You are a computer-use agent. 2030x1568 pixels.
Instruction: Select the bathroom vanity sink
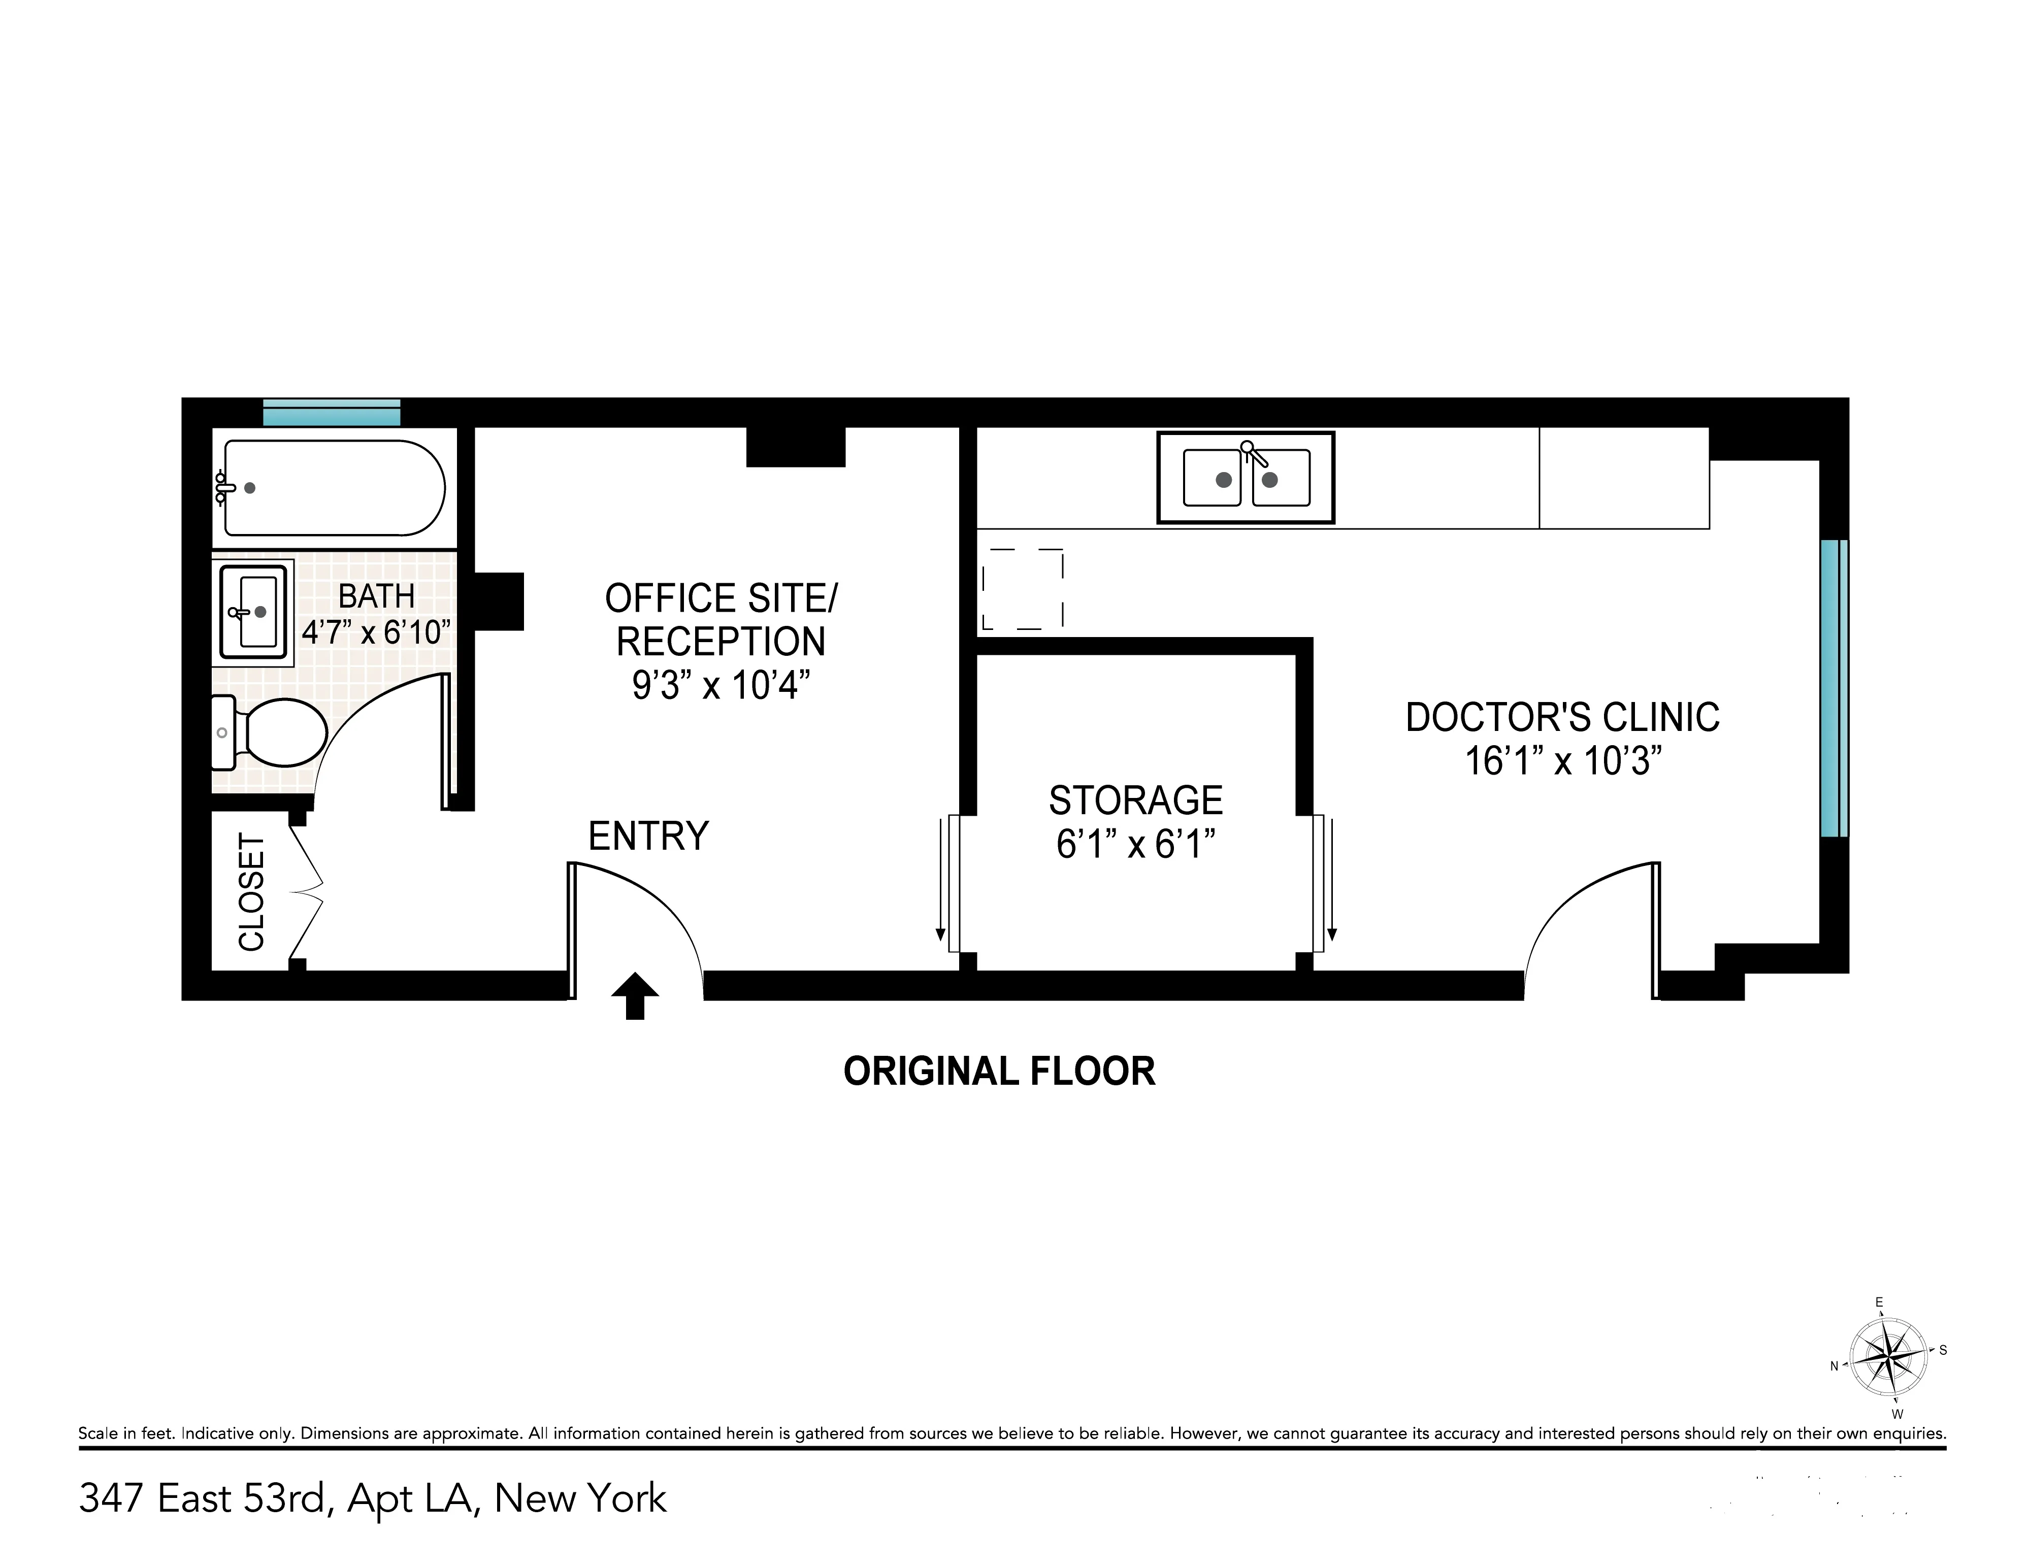(x=253, y=612)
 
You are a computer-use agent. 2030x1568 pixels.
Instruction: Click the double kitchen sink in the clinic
(x=1246, y=478)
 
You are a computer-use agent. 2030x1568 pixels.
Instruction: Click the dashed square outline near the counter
(x=1023, y=588)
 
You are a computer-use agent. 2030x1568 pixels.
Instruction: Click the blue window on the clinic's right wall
(x=1833, y=688)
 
